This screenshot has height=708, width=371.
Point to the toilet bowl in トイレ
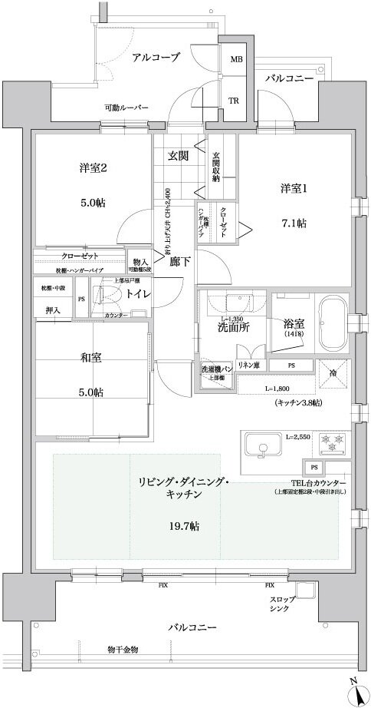coord(100,294)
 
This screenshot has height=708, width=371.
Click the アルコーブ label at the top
coord(156,58)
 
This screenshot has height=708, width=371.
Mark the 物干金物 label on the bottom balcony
coord(123,650)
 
